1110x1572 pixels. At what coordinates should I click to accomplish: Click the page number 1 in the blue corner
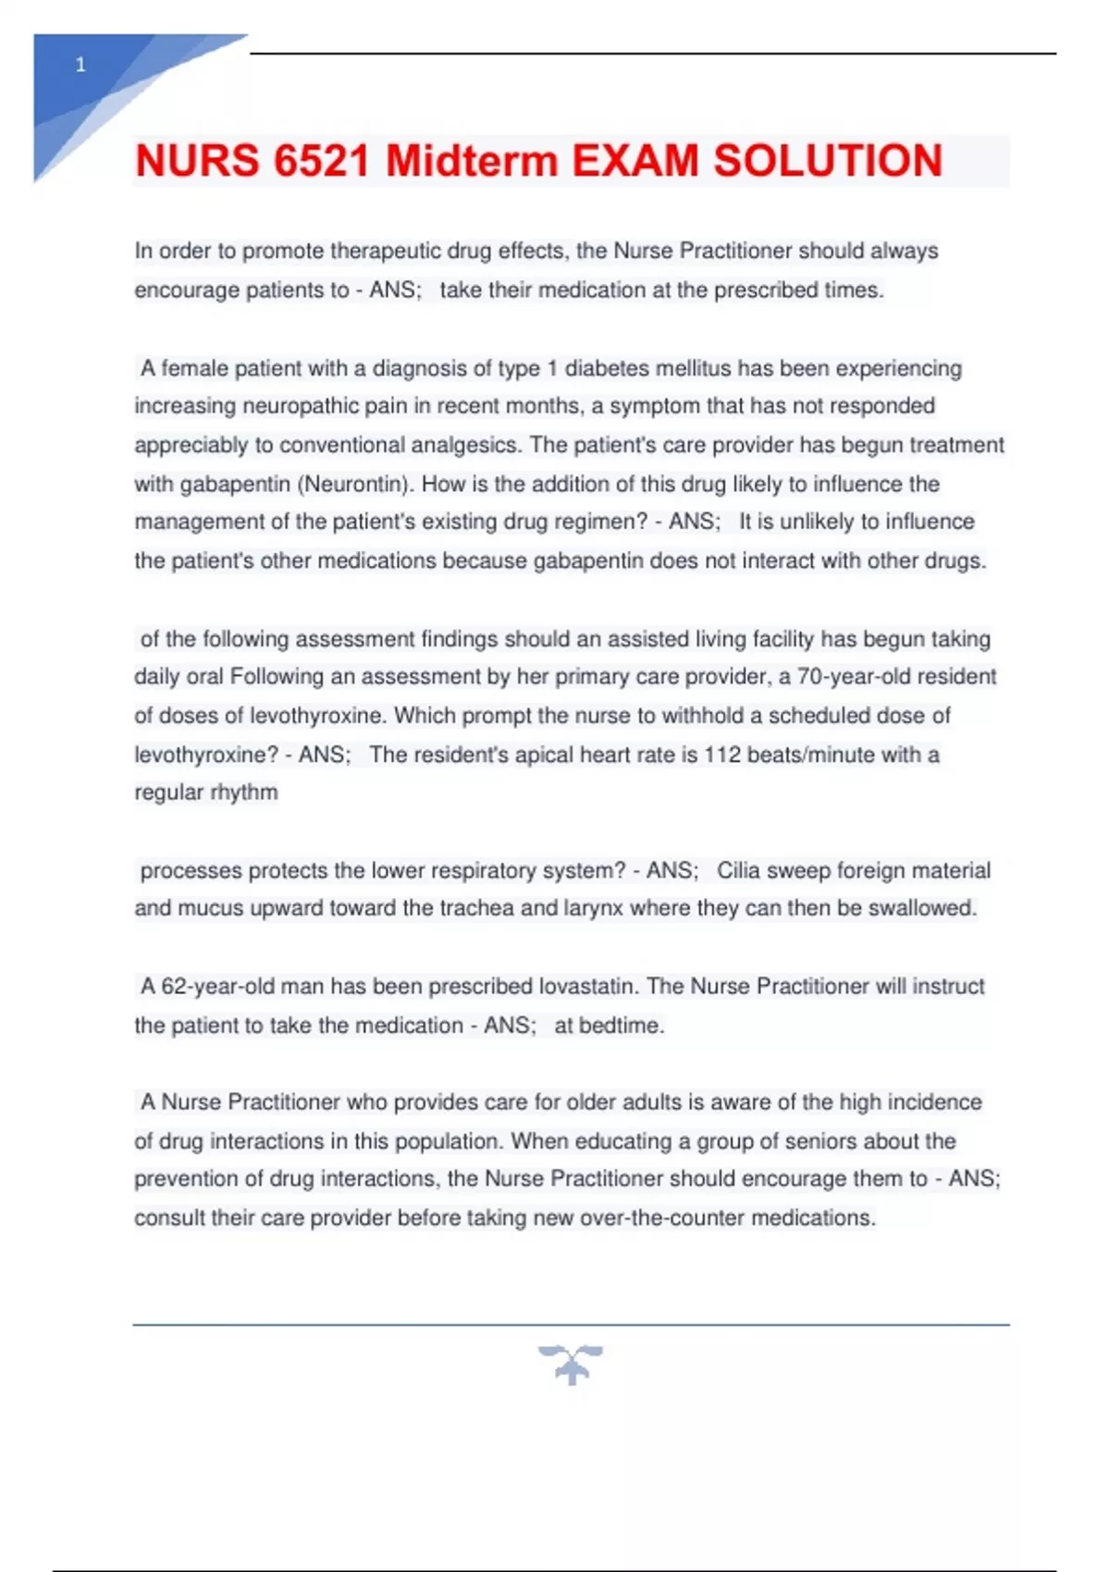coord(80,65)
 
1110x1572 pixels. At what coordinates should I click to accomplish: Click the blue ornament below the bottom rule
coord(571,1365)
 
